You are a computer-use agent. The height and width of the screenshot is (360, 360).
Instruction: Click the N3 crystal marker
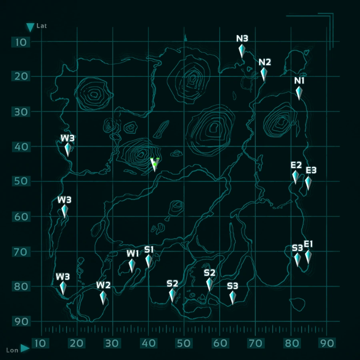[x=242, y=51]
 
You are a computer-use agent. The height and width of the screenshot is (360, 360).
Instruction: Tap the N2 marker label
[x=265, y=62]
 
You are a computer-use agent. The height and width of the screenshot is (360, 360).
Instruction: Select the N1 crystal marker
[x=299, y=93]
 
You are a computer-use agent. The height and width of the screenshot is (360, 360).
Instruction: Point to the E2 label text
[x=296, y=165]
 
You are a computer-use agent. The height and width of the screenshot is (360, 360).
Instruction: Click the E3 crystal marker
[x=308, y=183]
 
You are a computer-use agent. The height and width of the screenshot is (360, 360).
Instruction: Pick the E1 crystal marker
[x=308, y=257]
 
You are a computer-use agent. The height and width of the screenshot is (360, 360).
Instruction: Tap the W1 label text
[x=133, y=253]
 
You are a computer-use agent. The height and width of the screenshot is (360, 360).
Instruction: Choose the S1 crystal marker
[x=148, y=261]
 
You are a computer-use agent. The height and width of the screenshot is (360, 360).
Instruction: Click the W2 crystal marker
[x=103, y=298]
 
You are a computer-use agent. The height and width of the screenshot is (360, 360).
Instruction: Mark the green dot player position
[x=155, y=164]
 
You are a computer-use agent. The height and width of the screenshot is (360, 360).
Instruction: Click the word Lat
[x=42, y=26]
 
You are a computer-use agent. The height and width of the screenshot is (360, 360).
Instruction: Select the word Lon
[x=12, y=350]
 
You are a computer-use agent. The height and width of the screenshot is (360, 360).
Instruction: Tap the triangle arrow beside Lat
[x=30, y=27]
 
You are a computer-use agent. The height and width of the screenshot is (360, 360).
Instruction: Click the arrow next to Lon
[x=25, y=348]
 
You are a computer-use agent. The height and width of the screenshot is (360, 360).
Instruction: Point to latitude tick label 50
[x=21, y=181]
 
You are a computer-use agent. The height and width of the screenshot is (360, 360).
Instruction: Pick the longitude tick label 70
[x=256, y=343]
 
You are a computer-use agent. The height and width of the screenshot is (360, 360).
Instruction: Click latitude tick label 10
[x=21, y=42]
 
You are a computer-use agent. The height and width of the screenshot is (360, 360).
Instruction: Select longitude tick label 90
[x=327, y=343]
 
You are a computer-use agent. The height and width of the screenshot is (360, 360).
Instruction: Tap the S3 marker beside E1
[x=298, y=259]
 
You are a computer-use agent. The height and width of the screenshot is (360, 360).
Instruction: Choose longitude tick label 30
[x=112, y=343]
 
